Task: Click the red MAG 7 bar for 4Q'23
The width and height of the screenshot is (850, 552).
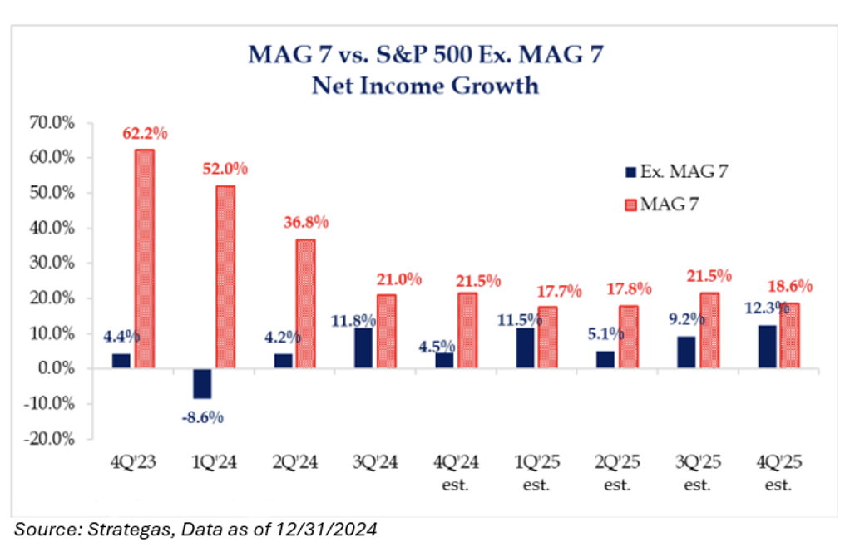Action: [145, 259]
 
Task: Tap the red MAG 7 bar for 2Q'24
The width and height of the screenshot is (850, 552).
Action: [305, 304]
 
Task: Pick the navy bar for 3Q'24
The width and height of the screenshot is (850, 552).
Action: [363, 347]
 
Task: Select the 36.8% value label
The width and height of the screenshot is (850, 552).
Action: [307, 223]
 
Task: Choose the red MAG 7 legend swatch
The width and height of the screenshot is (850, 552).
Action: [629, 204]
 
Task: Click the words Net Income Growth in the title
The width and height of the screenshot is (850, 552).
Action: [425, 86]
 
